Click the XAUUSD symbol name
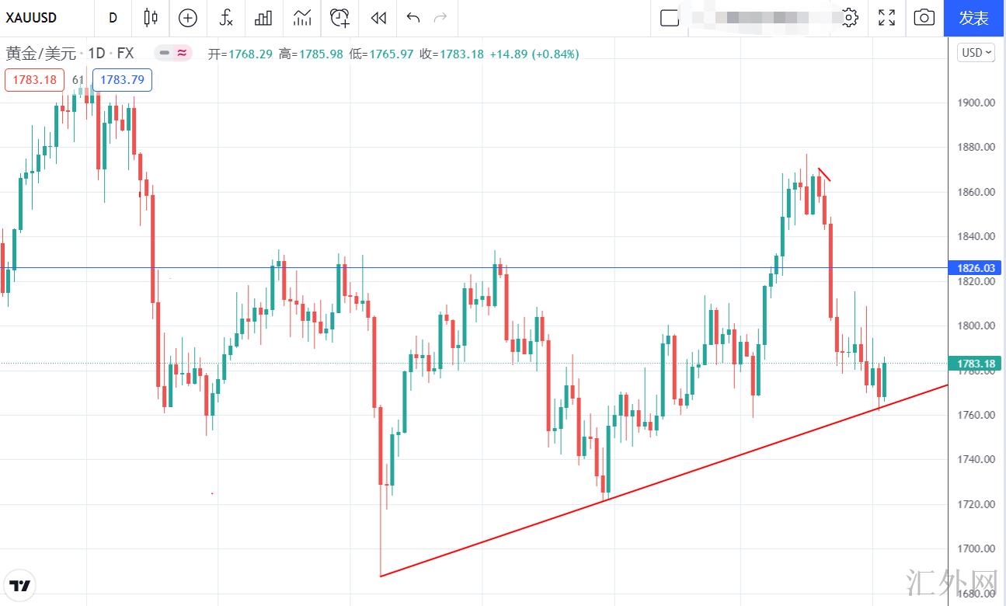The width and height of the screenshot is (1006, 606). (x=31, y=18)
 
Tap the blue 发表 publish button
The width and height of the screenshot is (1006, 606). (x=973, y=18)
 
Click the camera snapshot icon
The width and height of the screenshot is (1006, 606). (x=924, y=18)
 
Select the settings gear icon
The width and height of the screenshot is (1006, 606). (x=850, y=18)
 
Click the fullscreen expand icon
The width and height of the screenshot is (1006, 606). (x=886, y=18)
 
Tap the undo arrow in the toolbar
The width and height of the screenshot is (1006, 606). (x=413, y=18)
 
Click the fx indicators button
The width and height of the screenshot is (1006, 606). (x=226, y=18)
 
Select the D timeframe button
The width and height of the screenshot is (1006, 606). (x=113, y=18)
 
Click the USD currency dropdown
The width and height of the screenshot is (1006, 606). (x=976, y=53)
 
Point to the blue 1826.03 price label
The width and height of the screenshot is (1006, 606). (x=976, y=268)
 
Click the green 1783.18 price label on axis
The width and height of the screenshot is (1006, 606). (x=976, y=364)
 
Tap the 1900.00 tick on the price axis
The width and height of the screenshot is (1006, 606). (x=976, y=103)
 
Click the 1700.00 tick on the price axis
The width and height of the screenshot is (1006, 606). (x=976, y=549)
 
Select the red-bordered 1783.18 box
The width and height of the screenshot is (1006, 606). (x=34, y=80)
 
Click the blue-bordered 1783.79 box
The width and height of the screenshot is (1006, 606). (x=122, y=80)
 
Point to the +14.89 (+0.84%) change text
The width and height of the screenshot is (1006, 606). (x=534, y=54)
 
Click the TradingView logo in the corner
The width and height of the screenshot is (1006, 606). (x=21, y=585)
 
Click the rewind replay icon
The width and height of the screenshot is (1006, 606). (x=378, y=18)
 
